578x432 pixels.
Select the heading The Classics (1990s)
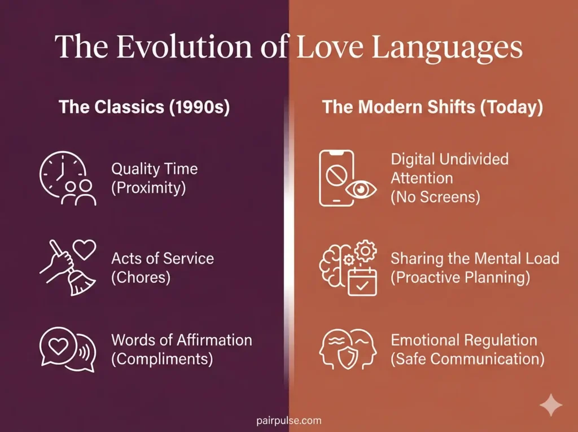(x=144, y=107)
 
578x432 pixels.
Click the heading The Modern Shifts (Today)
(x=432, y=107)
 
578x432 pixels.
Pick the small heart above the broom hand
(x=85, y=248)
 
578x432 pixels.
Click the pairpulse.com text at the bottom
(x=288, y=420)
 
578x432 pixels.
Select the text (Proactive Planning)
(x=460, y=278)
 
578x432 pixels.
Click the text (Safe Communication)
(x=467, y=360)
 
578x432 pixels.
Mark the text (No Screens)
(x=435, y=197)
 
